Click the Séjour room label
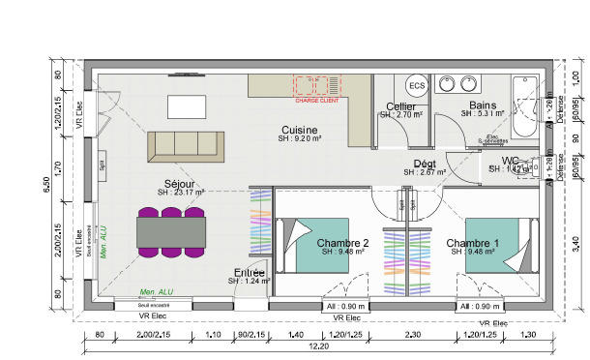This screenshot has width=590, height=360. [180, 182]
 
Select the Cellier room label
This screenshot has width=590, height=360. [400, 106]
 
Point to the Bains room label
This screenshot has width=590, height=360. [482, 105]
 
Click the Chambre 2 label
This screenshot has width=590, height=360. [343, 243]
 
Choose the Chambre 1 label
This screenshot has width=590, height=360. [473, 243]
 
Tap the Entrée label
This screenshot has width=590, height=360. [250, 273]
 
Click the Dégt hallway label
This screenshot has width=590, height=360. [424, 163]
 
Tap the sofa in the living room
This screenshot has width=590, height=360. [184, 145]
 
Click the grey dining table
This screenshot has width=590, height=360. [172, 231]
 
